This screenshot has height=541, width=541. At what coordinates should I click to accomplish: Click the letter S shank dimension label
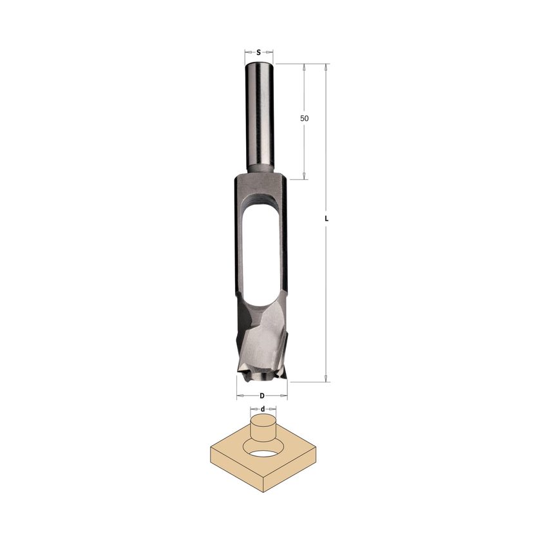point(258,52)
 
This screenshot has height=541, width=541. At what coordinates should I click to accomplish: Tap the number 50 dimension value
point(304,119)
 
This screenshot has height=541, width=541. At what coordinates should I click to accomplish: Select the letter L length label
point(327,219)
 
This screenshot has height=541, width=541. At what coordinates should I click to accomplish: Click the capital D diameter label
point(262,395)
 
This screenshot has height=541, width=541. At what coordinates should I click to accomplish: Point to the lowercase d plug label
point(263,409)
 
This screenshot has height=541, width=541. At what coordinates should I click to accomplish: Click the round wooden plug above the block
point(263,430)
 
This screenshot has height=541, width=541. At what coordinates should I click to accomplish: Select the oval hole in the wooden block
point(263,452)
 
